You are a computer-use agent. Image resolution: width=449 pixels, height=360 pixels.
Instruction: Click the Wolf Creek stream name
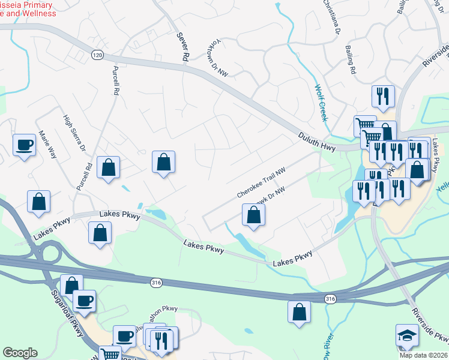[321, 103]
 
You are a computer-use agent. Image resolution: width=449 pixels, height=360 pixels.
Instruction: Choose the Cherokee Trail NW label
[260, 183]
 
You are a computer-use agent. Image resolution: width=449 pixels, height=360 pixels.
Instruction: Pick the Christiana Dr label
[332, 17]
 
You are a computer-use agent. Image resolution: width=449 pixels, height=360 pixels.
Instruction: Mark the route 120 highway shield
[97, 55]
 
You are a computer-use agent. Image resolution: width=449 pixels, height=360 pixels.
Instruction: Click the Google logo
[20, 353]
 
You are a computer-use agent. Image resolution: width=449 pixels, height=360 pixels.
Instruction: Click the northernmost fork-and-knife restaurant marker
[382, 95]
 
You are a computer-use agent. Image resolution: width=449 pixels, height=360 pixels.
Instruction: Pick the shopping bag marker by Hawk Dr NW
[253, 215]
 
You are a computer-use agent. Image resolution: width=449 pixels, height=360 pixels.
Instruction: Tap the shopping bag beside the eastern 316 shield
[299, 312]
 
